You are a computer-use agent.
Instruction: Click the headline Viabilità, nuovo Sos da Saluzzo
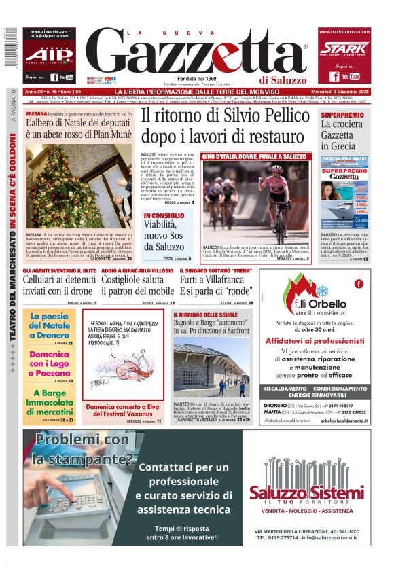coord(166,236)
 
